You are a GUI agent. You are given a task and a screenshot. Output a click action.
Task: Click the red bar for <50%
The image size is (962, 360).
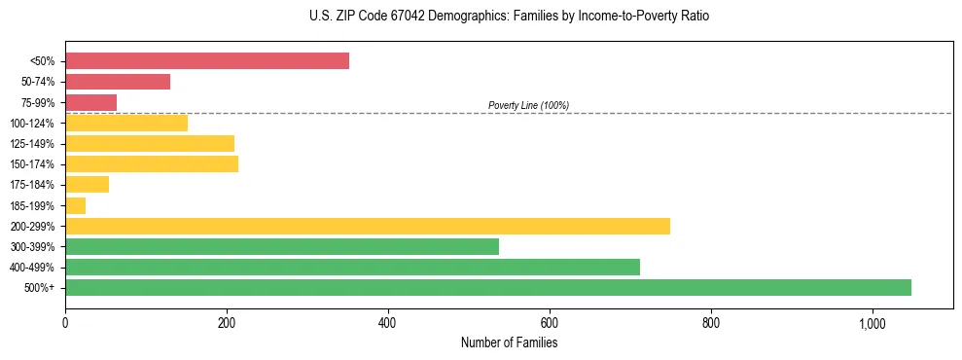206,61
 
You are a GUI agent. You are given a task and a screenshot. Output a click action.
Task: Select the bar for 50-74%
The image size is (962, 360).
118,82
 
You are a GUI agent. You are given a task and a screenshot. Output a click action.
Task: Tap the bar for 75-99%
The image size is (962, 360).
90,102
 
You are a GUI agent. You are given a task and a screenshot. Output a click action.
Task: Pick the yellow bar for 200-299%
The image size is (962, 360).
367,226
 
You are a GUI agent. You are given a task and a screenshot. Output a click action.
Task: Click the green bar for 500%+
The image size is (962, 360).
487,287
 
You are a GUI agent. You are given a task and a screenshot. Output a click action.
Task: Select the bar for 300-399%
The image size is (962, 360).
281,246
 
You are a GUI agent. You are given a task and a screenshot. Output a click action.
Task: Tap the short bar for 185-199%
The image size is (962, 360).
75,205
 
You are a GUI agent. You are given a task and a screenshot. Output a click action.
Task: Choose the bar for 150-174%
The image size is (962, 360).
151,164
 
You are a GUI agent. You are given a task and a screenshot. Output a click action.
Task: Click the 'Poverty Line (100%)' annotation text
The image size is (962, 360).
528,105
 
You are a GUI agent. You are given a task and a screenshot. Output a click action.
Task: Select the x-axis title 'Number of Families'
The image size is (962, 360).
509,342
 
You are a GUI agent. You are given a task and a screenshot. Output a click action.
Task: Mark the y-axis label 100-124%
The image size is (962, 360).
32,124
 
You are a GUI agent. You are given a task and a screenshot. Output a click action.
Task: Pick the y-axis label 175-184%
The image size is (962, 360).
32,185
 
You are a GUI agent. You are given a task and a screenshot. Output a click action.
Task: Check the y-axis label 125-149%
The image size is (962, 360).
32,144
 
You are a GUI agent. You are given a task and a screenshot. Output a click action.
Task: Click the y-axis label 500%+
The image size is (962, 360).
39,288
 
